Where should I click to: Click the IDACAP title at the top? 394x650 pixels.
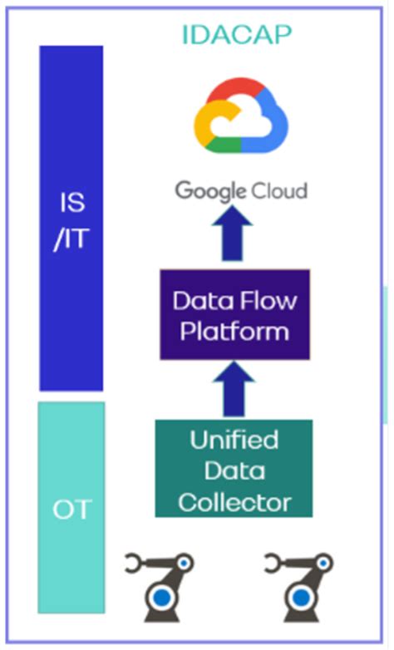coord(238,33)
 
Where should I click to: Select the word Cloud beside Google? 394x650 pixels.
coord(278,190)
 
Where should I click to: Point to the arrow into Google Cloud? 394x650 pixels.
coord(235,236)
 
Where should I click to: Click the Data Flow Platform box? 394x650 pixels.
coord(235,314)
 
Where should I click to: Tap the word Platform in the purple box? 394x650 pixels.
coord(235,331)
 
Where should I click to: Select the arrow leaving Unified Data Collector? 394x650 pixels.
coord(235,391)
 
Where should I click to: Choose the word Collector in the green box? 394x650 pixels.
coord(234,501)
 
